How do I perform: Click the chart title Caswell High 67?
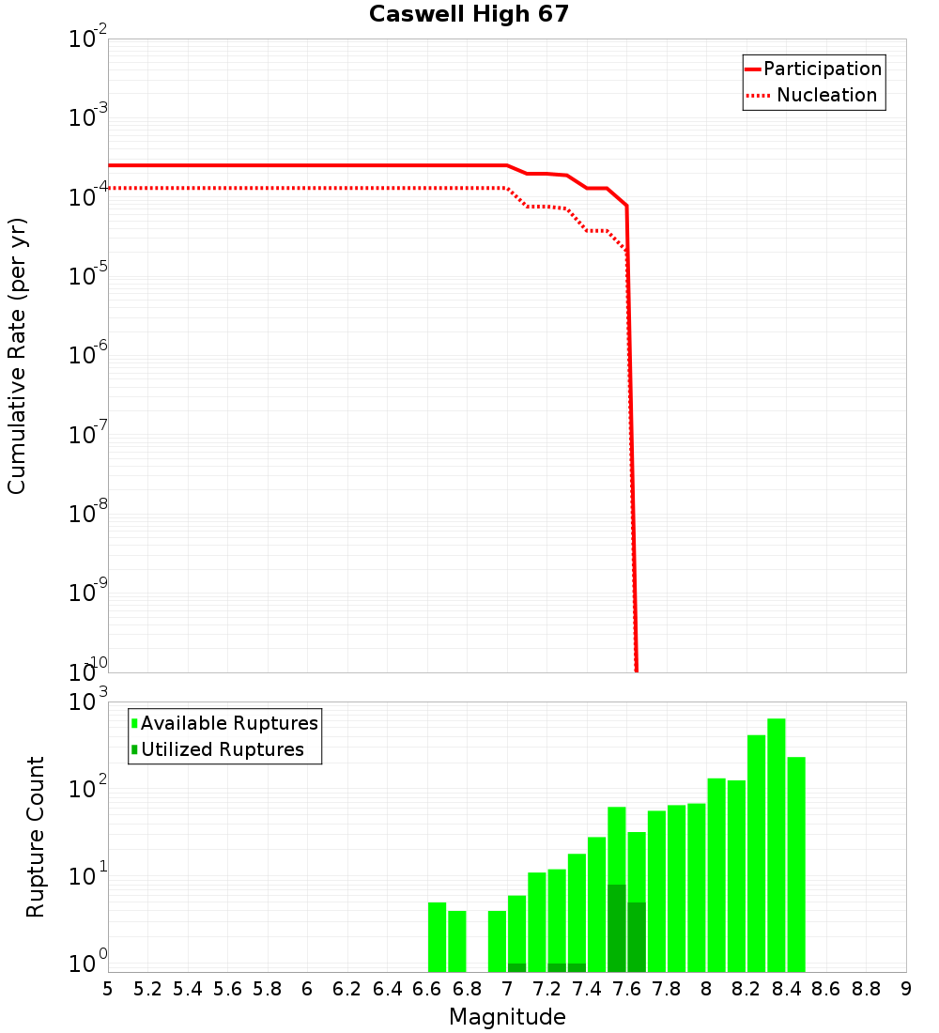point(469,15)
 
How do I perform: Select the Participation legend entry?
point(822,69)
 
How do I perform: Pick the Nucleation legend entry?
point(826,96)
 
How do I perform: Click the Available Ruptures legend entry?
point(229,724)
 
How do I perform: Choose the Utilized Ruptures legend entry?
point(222,750)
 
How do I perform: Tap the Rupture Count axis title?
point(36,837)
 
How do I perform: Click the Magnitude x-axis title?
point(507,1017)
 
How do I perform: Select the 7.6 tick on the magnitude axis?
point(626,989)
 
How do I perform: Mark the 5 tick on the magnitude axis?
point(108,989)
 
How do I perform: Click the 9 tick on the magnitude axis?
point(905,989)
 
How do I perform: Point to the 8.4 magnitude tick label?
point(786,989)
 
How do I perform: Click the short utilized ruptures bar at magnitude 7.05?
point(516,967)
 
